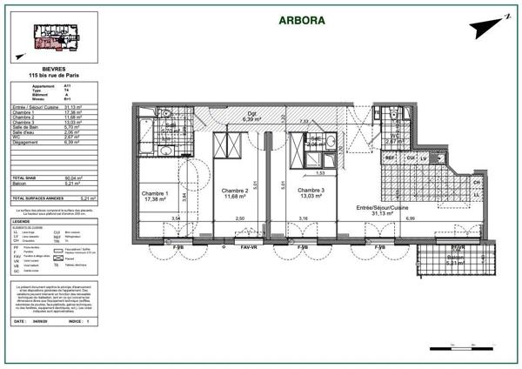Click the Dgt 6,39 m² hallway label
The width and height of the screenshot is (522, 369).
(251, 117)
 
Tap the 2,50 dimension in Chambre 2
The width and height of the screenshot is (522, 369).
(241, 219)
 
